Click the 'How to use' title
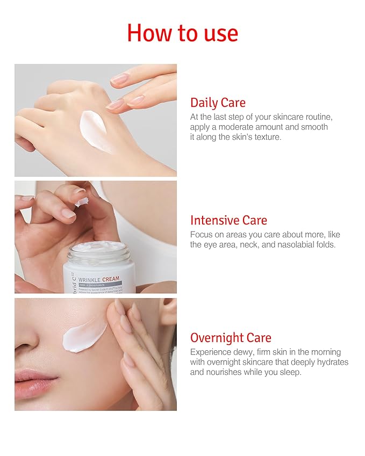pos(182,33)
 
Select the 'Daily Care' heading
pos(218,103)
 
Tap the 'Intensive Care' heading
pos(228,220)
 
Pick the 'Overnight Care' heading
pos(231,338)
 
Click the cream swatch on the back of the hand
pos(97,130)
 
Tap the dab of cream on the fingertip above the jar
pos(82,201)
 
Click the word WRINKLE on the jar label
pos(91,279)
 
